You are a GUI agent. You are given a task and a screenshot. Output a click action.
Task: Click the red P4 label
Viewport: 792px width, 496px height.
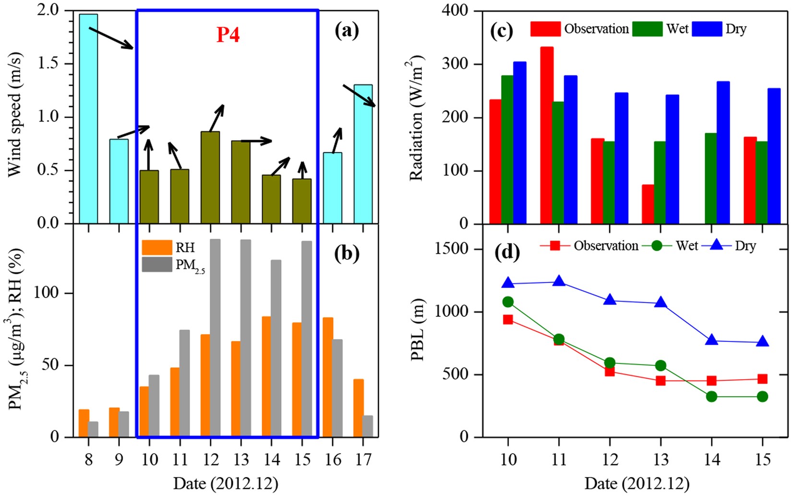tap(228, 35)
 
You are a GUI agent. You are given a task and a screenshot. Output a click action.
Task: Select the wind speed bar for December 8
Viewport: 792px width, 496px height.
tap(88, 119)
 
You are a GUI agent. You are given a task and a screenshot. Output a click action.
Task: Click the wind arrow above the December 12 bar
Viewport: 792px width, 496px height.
tap(216, 118)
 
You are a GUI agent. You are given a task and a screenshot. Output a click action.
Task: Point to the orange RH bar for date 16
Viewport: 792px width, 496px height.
tap(328, 377)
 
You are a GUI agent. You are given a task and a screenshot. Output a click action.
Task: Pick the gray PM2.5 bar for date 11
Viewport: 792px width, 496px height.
tap(184, 383)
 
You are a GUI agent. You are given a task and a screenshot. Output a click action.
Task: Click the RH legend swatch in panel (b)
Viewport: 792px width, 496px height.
tap(157, 247)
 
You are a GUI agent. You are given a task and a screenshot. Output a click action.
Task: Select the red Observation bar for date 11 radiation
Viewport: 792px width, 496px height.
tap(546, 135)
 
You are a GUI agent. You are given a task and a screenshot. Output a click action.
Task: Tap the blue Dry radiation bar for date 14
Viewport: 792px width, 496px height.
tap(723, 152)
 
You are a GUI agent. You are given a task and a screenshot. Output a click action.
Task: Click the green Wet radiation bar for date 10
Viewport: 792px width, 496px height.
tap(507, 149)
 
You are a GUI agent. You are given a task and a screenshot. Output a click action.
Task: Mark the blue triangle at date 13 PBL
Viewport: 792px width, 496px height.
tap(660, 302)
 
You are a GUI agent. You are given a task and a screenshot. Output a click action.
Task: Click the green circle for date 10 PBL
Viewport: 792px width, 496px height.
tap(508, 302)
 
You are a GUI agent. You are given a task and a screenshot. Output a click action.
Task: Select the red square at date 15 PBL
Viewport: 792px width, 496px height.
tap(762, 379)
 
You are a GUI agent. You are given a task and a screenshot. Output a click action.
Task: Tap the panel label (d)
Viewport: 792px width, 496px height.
tap(507, 252)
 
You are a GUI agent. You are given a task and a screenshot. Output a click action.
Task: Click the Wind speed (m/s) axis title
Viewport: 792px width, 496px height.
tap(15, 117)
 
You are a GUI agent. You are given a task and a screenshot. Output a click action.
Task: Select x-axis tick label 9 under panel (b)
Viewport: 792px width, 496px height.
tap(119, 460)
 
